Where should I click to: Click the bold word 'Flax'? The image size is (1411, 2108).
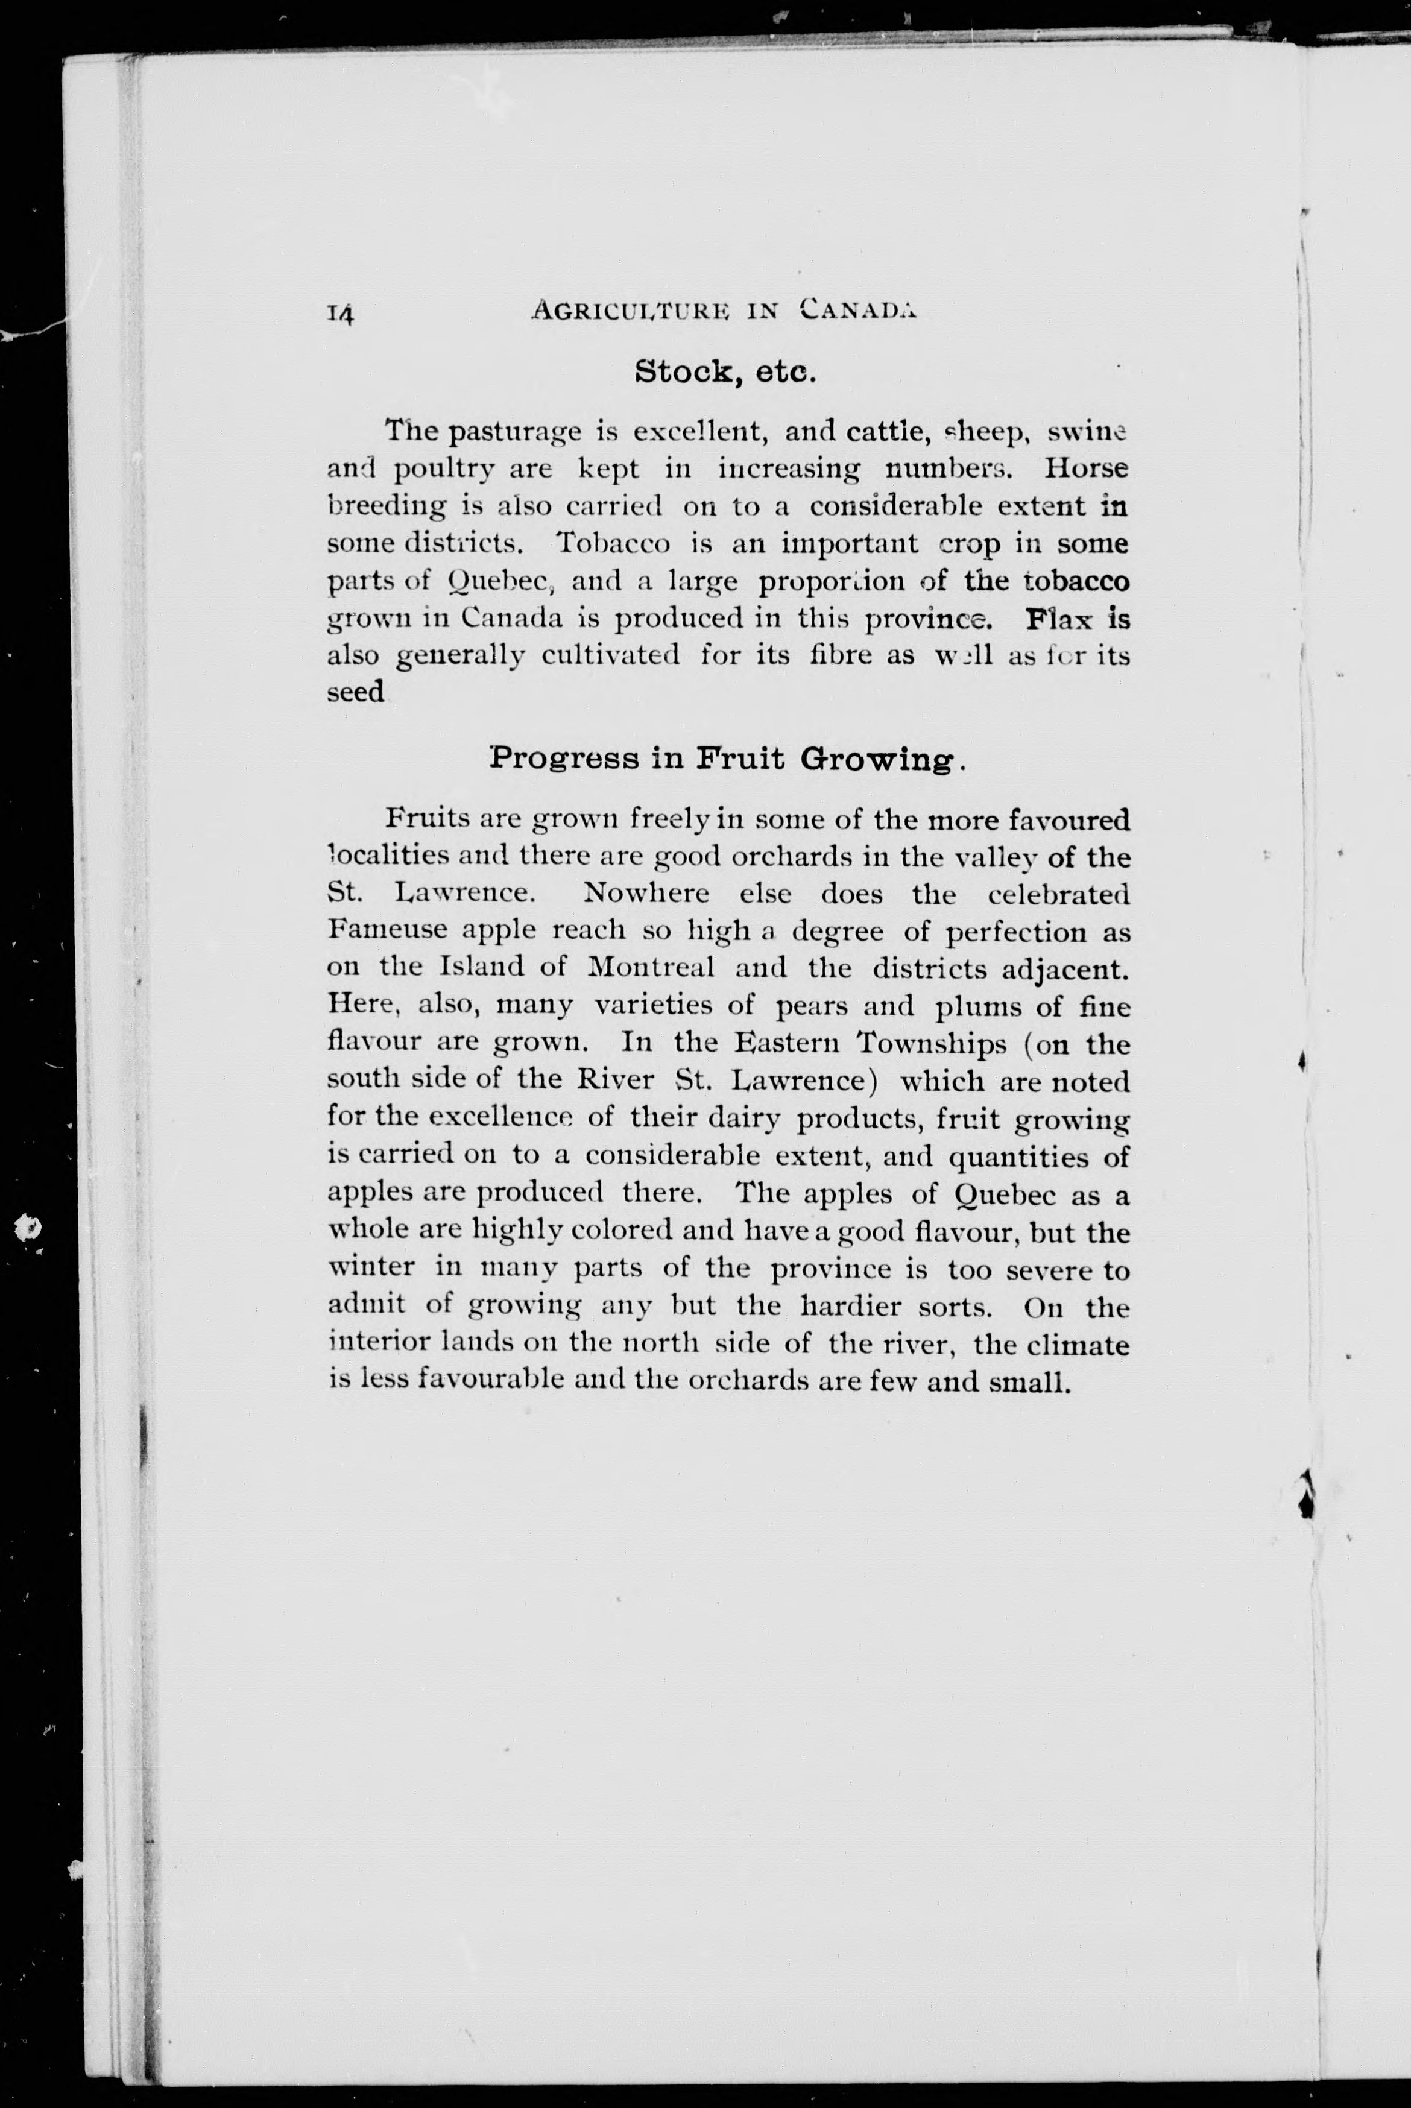click(1061, 620)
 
